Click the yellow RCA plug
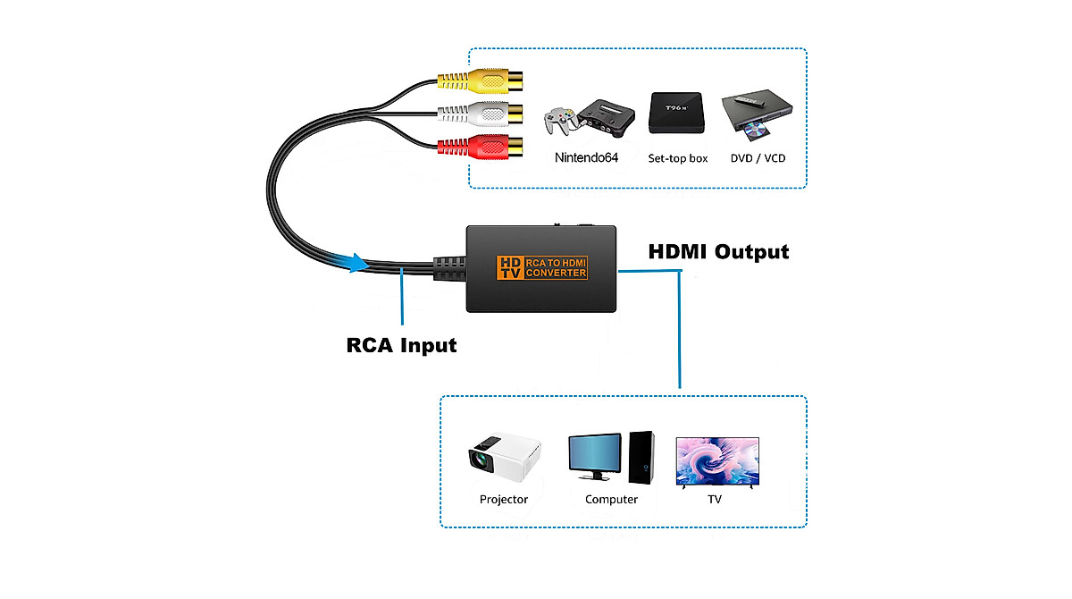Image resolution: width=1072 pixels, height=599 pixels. click(478, 83)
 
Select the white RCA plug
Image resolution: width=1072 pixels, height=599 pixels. click(478, 114)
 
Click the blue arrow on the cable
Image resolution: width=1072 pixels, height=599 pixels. click(355, 263)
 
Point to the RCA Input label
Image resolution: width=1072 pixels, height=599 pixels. click(401, 344)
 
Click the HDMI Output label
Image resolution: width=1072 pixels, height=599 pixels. click(718, 252)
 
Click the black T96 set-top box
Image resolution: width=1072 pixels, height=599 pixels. click(674, 113)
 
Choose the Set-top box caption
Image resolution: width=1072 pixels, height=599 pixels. click(677, 158)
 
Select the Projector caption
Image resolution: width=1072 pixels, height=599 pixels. click(504, 500)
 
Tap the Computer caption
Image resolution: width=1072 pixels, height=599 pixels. click(611, 500)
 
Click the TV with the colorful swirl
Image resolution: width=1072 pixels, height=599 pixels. click(717, 460)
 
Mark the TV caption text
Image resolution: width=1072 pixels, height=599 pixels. click(715, 500)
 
